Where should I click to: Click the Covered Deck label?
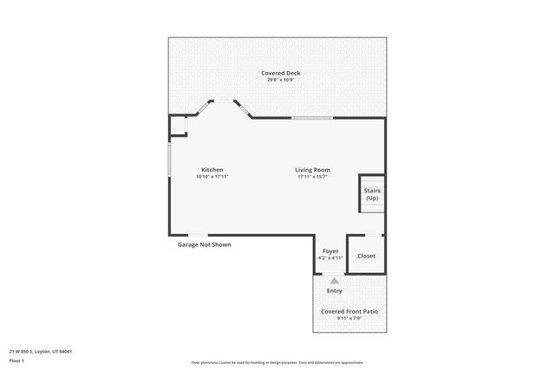(x=278, y=73)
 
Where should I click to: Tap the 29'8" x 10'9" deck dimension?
(x=278, y=80)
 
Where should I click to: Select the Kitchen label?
(x=212, y=170)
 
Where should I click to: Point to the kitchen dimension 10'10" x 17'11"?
(x=212, y=177)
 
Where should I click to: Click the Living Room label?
(x=313, y=170)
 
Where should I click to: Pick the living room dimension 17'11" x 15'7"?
(x=313, y=177)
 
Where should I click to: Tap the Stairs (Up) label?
(x=372, y=195)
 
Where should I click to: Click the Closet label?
(x=367, y=256)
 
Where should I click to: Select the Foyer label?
(x=331, y=251)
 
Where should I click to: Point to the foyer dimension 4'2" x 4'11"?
(x=331, y=258)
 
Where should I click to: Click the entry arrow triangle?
(x=334, y=280)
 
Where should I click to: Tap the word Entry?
(x=334, y=291)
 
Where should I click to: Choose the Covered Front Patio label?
(x=349, y=311)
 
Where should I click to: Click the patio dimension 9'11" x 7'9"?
(x=349, y=318)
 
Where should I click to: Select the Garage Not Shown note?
(x=205, y=244)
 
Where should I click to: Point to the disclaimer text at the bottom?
(x=277, y=362)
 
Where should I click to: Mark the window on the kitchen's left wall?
(x=169, y=159)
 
